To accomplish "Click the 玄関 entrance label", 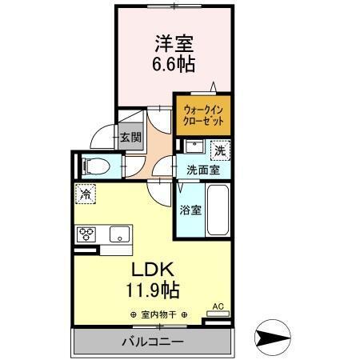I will tap(130, 137).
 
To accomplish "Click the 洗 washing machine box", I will tap(218, 150).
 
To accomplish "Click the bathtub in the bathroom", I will tap(218, 210).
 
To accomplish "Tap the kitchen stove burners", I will tap(86, 234).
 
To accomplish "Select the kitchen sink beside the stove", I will tap(119, 234).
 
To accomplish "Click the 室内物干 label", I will tap(158, 314).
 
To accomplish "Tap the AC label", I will tap(218, 306).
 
